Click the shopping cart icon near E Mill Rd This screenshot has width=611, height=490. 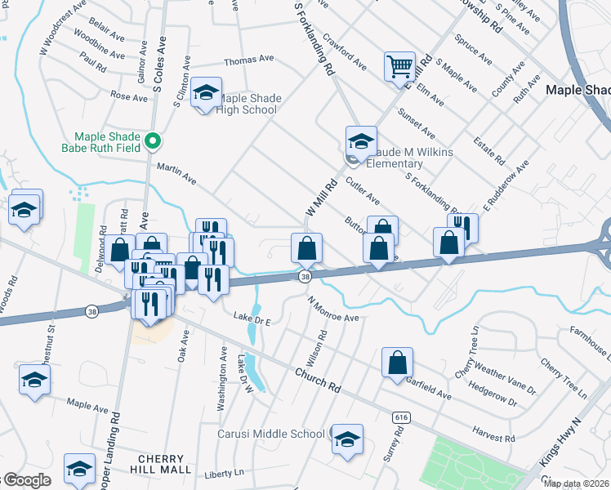(x=399, y=66)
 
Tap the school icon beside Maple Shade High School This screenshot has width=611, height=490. (x=207, y=93)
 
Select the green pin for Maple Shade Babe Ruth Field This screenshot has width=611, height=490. (x=152, y=143)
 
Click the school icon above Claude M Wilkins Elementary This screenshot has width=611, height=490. (x=360, y=140)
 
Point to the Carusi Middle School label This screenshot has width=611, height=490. (x=271, y=434)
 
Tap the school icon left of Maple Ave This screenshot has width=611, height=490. (x=34, y=379)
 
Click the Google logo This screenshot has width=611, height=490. (x=26, y=481)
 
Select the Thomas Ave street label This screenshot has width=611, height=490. (x=249, y=60)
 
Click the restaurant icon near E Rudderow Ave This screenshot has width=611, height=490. (x=463, y=228)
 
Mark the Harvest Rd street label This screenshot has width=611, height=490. (x=493, y=434)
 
